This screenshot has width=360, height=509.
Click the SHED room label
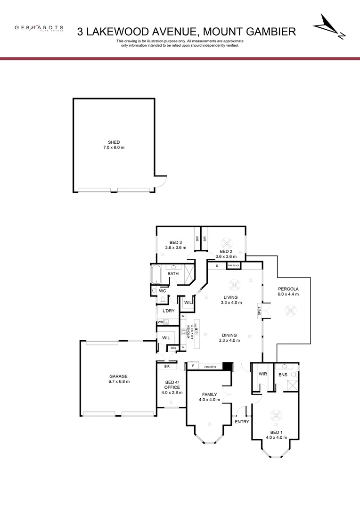[x=114, y=142]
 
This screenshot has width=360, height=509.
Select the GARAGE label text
[x=119, y=376]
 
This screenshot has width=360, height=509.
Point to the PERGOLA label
[x=288, y=288]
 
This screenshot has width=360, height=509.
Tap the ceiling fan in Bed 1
[x=275, y=416]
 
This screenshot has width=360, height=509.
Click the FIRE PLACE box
[x=234, y=266]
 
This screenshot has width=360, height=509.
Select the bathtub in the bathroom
[x=156, y=274]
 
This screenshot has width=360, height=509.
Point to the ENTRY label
[x=242, y=422]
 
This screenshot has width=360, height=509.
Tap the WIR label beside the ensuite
[x=263, y=374]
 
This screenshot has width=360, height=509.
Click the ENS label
[x=283, y=375]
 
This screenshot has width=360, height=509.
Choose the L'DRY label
[x=168, y=311]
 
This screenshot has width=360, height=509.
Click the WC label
[x=163, y=291]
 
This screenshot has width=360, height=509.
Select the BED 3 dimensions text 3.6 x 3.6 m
[x=176, y=247]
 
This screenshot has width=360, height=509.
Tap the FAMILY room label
[x=209, y=394]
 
